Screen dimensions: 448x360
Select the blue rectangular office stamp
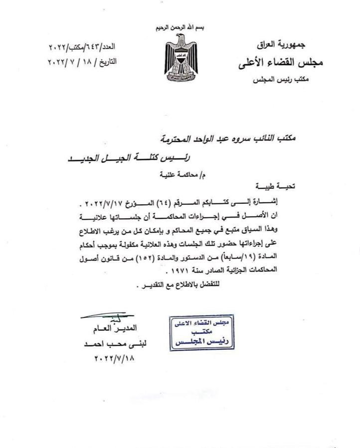click(199, 331)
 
